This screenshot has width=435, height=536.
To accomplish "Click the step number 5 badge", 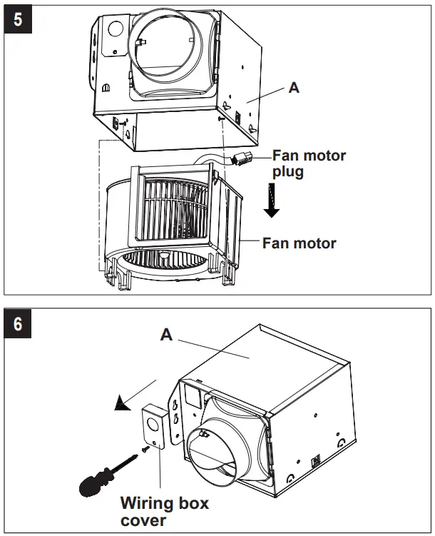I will (x=17, y=18).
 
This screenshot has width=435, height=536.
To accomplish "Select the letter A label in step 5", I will (x=293, y=89).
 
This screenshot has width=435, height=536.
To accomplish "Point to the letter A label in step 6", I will (x=166, y=334).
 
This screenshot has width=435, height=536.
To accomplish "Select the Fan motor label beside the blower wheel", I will (x=299, y=243).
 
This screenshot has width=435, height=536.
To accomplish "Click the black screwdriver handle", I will (x=93, y=485).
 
